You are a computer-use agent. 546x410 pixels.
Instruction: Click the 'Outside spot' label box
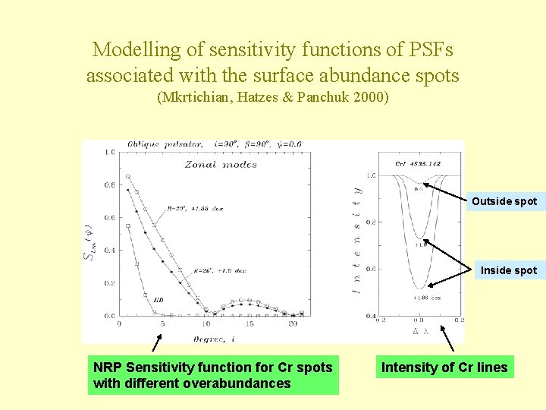click(504, 201)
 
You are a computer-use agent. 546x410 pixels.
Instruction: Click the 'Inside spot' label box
click(508, 270)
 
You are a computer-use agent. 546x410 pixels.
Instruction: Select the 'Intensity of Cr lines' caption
click(444, 367)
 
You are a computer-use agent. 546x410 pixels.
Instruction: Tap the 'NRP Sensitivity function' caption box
click(213, 375)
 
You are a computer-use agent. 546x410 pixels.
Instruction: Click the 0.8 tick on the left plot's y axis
click(109, 185)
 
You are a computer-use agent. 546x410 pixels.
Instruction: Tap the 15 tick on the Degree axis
click(249, 324)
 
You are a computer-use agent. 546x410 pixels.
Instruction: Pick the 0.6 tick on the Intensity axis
click(371, 269)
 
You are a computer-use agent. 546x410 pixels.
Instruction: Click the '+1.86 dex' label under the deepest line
click(419, 298)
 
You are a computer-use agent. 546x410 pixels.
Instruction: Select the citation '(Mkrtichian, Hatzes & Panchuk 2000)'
click(272, 97)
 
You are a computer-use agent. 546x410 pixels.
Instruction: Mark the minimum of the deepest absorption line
click(418, 288)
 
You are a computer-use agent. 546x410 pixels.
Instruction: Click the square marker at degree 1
click(128, 226)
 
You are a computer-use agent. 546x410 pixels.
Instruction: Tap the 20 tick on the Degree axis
click(293, 324)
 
